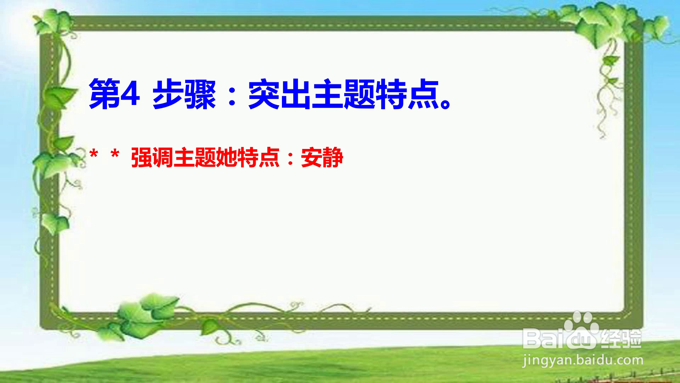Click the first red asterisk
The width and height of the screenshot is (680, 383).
[94, 155]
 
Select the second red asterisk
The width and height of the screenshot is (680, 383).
[115, 155]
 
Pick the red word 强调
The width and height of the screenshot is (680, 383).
[152, 157]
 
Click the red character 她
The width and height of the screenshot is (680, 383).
[227, 157]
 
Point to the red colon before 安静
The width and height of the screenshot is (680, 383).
[290, 159]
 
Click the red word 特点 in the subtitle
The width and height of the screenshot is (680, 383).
[259, 157]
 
